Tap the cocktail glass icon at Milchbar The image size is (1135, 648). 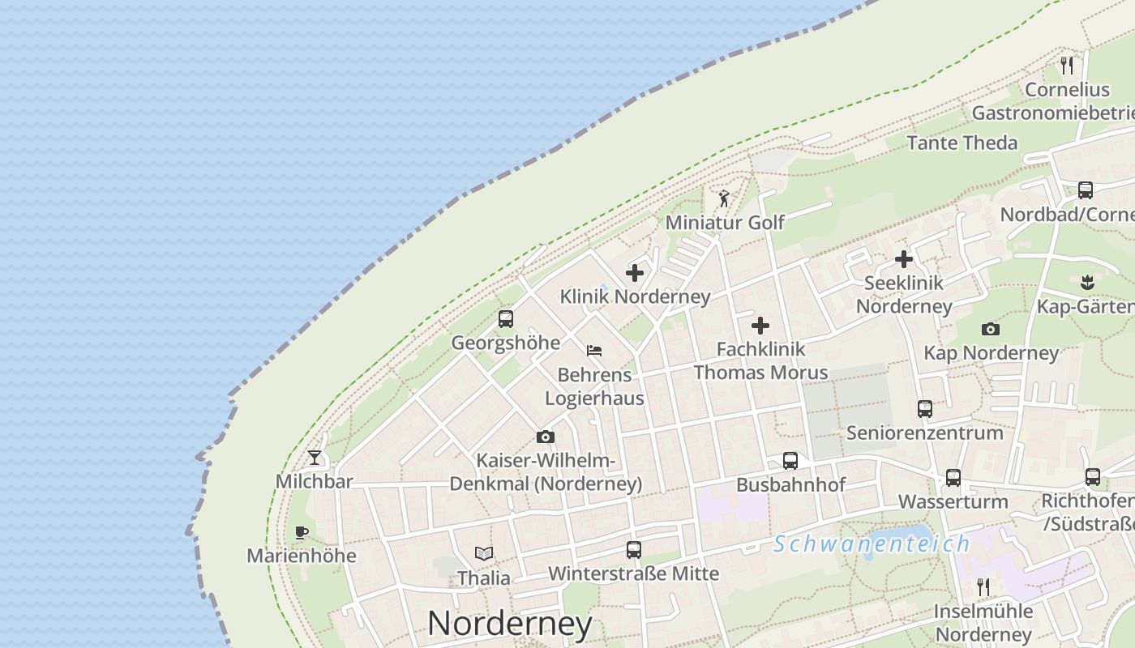pyautogui.click(x=315, y=458)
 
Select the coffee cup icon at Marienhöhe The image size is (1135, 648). pyautogui.click(x=302, y=532)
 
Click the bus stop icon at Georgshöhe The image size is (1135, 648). pyautogui.click(x=506, y=319)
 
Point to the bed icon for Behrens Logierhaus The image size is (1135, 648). pyautogui.click(x=594, y=351)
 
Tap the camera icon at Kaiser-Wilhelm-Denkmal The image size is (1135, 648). pyautogui.click(x=546, y=437)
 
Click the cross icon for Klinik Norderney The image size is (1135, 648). pyautogui.click(x=635, y=273)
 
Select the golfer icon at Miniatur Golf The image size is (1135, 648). pyautogui.click(x=724, y=198)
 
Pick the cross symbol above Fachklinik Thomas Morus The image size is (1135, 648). pyautogui.click(x=760, y=326)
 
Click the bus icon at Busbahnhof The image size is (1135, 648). pyautogui.click(x=790, y=461)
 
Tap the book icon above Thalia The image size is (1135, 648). pyautogui.click(x=484, y=554)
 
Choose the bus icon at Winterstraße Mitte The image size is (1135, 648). pyautogui.click(x=634, y=550)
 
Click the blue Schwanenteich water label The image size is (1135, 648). pyautogui.click(x=872, y=544)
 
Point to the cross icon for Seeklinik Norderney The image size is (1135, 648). pyautogui.click(x=904, y=259)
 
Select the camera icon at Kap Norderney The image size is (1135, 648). pyautogui.click(x=991, y=329)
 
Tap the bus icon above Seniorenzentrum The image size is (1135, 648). pyautogui.click(x=925, y=409)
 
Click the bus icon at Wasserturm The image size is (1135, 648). pyautogui.click(x=953, y=478)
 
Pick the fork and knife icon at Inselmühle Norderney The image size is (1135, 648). pyautogui.click(x=983, y=586)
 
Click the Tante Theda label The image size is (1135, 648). pyautogui.click(x=962, y=143)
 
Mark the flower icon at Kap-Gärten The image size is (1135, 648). pyautogui.click(x=1087, y=282)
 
